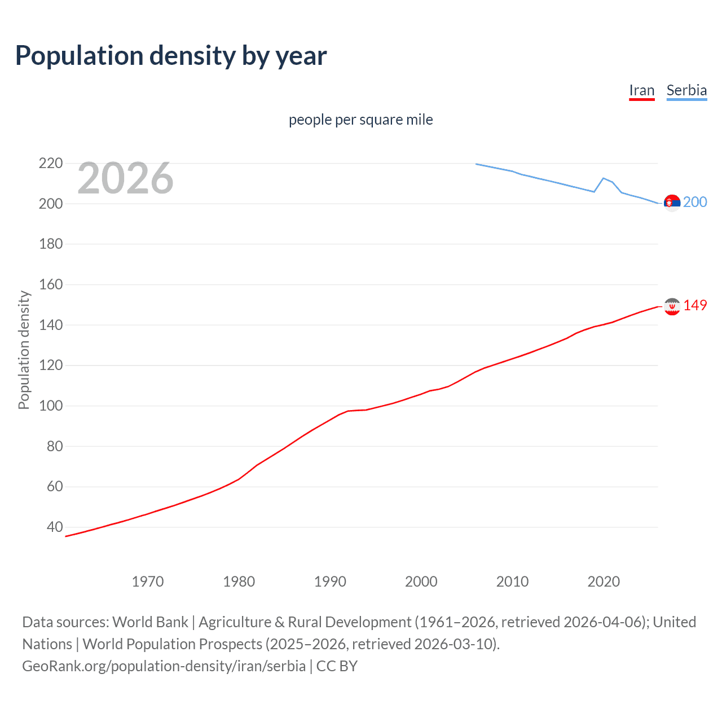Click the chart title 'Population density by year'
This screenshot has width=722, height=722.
tap(171, 56)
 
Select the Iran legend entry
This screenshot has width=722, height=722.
tap(641, 91)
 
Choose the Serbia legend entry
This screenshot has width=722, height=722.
tap(686, 91)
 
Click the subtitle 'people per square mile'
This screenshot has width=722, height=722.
tap(360, 120)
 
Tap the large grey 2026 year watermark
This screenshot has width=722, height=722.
tap(125, 178)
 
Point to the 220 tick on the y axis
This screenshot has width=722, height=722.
tap(51, 164)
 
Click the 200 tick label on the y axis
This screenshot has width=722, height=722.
tap(51, 204)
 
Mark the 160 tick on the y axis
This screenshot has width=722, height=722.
tap(51, 284)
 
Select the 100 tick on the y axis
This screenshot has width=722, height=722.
tap(51, 406)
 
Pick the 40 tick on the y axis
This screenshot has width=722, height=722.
tap(55, 527)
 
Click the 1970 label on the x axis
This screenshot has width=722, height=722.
tap(148, 582)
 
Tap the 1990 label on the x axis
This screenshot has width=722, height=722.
tap(330, 582)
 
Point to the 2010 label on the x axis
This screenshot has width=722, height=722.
tap(512, 582)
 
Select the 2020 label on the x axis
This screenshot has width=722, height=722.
tap(604, 582)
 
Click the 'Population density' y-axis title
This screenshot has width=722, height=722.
tap(24, 350)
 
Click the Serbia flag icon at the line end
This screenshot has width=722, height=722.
tap(672, 202)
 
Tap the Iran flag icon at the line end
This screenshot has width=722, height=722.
tap(672, 306)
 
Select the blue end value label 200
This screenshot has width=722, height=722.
tap(695, 202)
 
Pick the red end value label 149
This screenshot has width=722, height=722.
tap(695, 305)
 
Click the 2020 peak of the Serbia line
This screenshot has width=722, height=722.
tap(604, 178)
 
